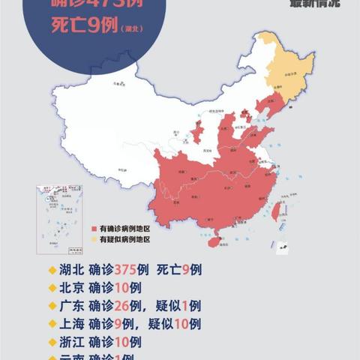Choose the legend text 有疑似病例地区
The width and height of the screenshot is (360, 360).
tap(124, 239)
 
